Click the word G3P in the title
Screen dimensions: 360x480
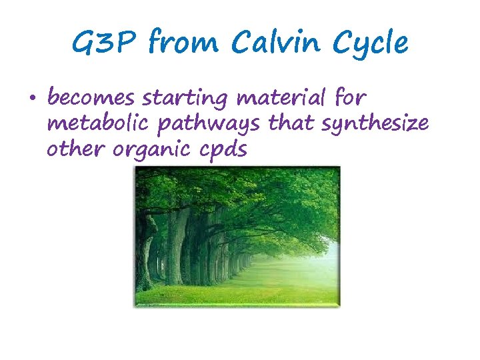105,44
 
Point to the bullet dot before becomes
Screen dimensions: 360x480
33,101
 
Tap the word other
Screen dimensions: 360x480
73,150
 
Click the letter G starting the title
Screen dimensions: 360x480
84,44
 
